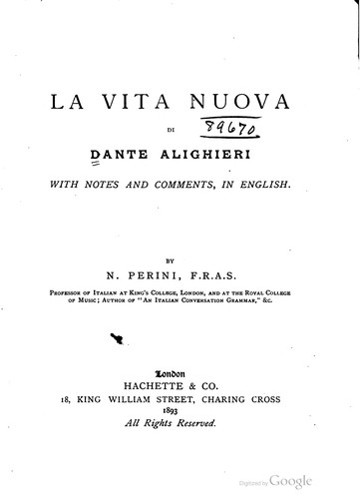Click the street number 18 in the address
point(65,397)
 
